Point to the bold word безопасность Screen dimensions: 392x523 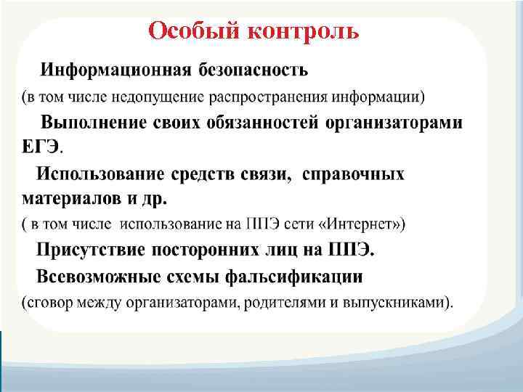point(251,70)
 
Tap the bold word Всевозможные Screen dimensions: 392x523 point(98,277)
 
